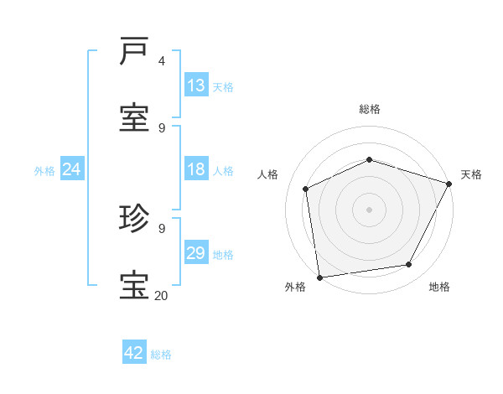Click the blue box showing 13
tap(196, 85)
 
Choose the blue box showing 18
tap(196, 169)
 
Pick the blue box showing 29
tap(196, 253)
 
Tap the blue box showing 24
tap(72, 169)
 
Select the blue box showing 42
tap(134, 353)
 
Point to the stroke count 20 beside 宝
tap(161, 295)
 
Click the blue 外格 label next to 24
tap(44, 171)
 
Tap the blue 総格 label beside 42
tap(161, 355)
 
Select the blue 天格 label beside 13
tap(223, 86)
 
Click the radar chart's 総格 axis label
tap(370, 109)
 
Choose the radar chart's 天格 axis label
tap(471, 174)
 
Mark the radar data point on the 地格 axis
tap(409, 264)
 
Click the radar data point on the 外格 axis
tap(319, 277)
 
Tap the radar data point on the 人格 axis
tap(306, 189)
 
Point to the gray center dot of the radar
tap(369, 209)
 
